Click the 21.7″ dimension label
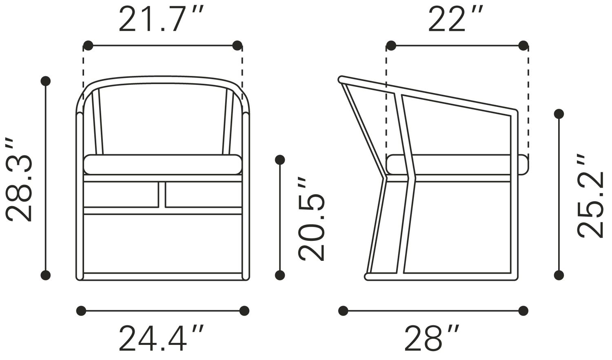[x=162, y=19]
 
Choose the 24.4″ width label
[x=162, y=338]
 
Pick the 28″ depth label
[x=432, y=338]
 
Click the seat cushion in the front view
[x=163, y=164]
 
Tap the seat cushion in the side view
[x=457, y=164]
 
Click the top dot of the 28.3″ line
[x=45, y=81]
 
